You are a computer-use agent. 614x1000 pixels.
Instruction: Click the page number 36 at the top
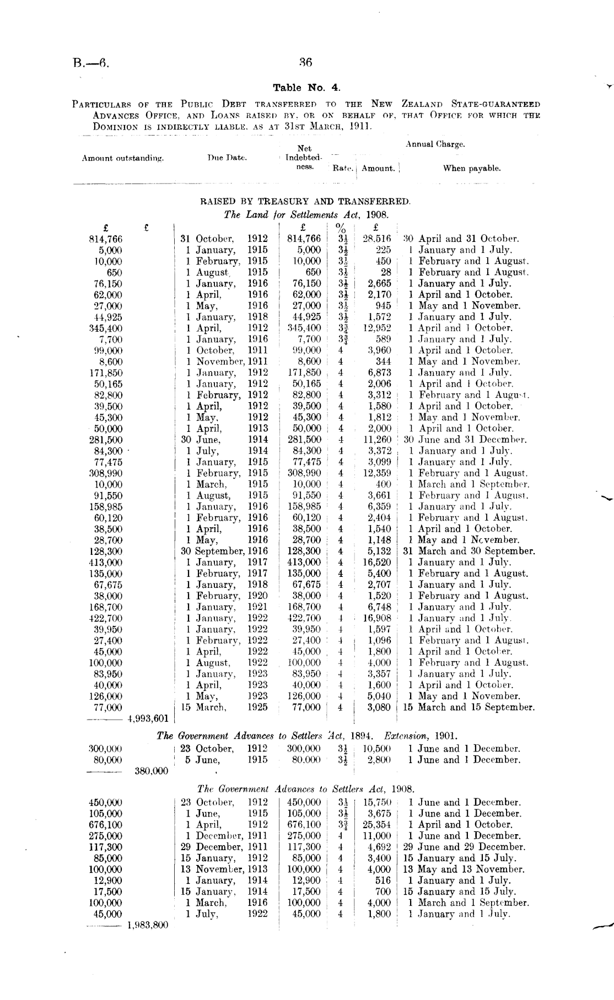coord(306,62)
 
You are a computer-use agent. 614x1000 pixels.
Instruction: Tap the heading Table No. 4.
coord(307,88)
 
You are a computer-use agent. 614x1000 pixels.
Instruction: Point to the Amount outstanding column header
coord(123,158)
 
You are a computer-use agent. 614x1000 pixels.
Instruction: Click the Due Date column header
coord(227,158)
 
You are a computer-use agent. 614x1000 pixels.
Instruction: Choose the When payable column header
coord(472,169)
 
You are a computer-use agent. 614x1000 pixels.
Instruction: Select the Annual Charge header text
coord(435,144)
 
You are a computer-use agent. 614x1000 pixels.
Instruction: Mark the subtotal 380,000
coord(151,771)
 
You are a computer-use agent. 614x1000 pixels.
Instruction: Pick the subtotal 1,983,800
coord(147,925)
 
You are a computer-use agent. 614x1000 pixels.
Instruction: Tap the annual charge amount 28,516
coord(376,239)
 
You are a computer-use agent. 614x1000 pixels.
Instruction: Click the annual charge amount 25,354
coord(376,825)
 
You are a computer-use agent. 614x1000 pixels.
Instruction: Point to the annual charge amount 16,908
coord(376,618)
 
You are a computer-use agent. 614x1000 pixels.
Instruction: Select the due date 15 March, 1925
coord(224,707)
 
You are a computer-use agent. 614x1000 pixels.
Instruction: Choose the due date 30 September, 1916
coord(224,551)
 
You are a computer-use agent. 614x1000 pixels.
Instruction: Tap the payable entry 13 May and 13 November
coord(464,869)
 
